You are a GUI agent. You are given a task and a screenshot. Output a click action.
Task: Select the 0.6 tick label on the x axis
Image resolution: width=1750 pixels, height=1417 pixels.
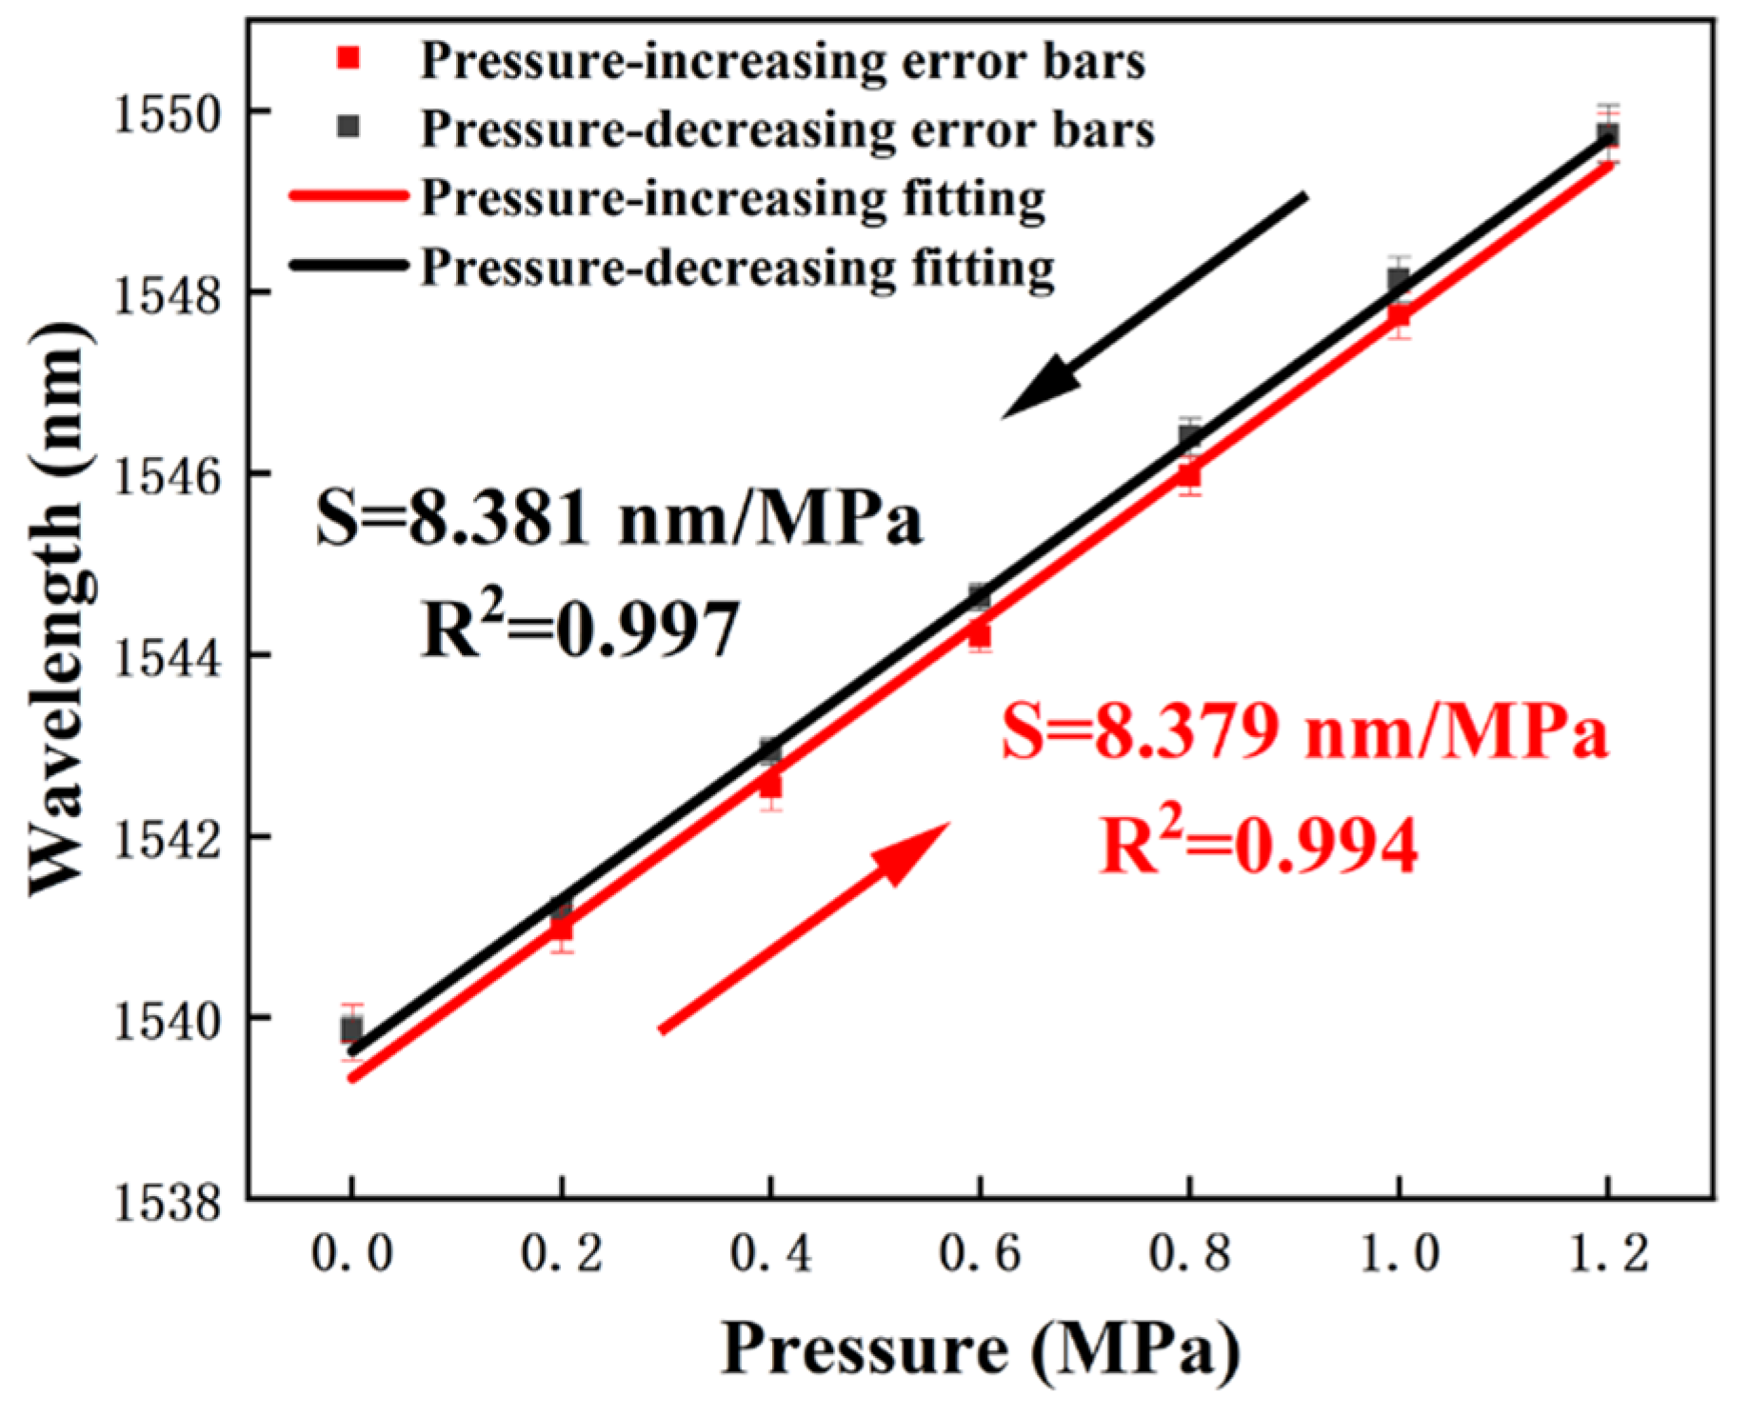click(x=980, y=1253)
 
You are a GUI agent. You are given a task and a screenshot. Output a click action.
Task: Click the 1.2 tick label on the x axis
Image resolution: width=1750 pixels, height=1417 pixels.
click(x=1608, y=1253)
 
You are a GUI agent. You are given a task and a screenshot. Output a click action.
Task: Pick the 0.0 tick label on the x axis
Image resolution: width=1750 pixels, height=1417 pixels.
click(x=352, y=1253)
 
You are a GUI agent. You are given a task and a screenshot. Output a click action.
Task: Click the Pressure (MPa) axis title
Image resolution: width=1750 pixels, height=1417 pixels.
click(x=980, y=1348)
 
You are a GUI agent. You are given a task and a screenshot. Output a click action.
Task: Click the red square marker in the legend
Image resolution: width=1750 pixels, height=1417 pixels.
click(x=349, y=59)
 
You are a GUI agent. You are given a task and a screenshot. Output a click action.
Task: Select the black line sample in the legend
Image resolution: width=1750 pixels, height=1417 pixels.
click(x=348, y=266)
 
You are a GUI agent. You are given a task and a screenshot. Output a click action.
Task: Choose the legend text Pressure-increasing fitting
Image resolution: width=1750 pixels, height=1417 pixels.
click(x=733, y=198)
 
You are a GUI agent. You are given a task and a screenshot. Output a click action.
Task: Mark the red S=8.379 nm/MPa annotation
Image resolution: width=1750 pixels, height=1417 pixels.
click(x=1304, y=733)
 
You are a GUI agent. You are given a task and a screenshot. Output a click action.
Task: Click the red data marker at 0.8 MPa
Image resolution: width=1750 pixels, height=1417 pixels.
click(x=1189, y=474)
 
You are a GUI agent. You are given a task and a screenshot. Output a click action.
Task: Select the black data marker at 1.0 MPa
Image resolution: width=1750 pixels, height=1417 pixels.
click(x=1398, y=279)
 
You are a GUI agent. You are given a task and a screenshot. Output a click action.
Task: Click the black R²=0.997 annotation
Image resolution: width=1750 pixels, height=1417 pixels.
click(x=581, y=629)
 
